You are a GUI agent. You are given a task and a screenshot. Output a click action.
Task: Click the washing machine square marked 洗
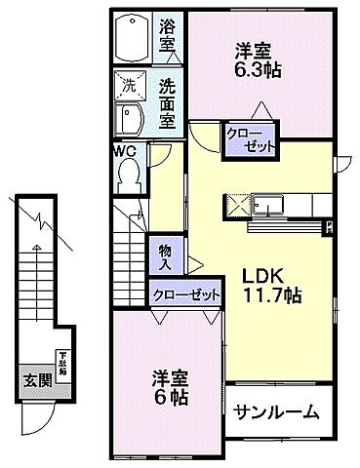click(x=128, y=86)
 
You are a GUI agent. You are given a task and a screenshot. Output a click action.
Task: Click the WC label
click(x=124, y=150)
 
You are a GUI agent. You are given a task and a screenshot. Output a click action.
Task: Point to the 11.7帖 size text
click(x=266, y=293)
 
